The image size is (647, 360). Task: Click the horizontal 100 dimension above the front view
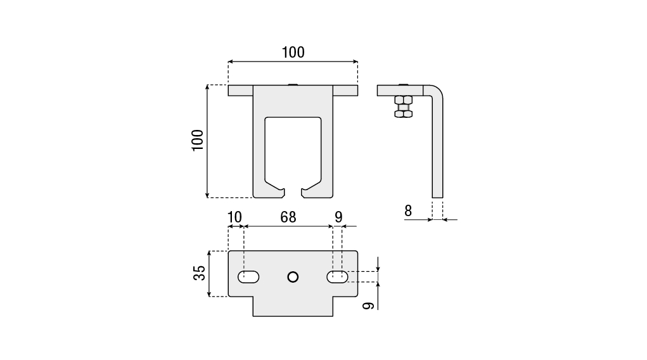pos(293,53)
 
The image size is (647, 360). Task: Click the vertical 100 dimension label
pos(198,140)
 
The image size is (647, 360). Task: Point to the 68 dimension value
pos(288,217)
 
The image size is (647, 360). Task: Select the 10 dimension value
pos(234,217)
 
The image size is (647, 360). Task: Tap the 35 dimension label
pos(200,273)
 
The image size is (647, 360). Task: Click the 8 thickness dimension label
pos(408,211)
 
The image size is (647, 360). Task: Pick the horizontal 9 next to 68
pos(338,217)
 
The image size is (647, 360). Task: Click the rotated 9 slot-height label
pos(368,305)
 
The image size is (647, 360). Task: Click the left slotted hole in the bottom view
pos(248,277)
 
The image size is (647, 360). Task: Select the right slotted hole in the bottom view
pos(337,277)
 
